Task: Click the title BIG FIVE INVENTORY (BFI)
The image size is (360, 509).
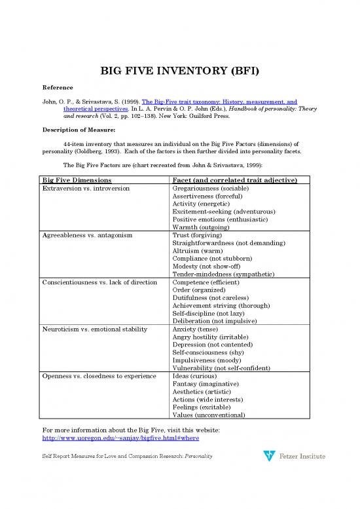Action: tap(179, 71)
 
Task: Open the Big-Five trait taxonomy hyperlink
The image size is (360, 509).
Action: tap(209, 102)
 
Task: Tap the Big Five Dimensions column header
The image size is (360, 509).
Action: tap(77, 180)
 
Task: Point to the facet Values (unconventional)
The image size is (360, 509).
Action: tap(209, 415)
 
